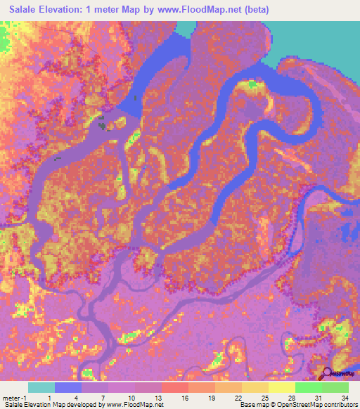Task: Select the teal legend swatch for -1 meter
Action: click(41, 387)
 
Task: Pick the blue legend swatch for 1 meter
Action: click(67, 387)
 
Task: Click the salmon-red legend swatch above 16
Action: click(174, 387)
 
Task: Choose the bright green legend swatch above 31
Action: click(308, 387)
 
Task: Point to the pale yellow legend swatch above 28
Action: click(281, 387)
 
